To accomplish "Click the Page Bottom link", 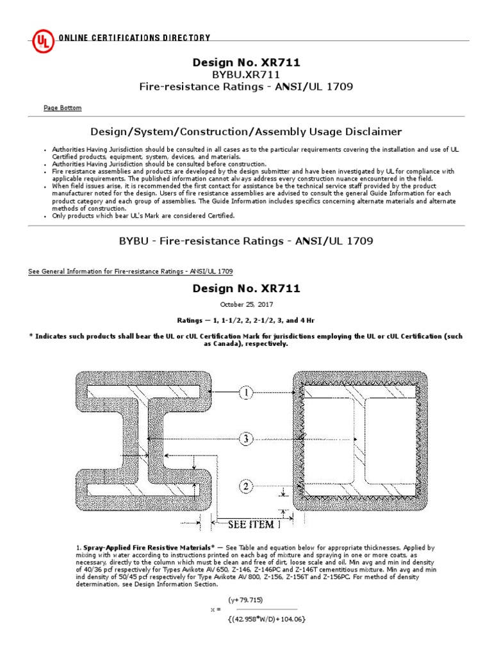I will click(62, 108).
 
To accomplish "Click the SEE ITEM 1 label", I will click(255, 525).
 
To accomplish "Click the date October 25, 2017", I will click(246, 304).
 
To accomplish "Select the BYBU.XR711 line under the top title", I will click(246, 75).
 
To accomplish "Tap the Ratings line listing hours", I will click(246, 320).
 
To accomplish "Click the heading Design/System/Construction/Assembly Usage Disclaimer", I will click(246, 132).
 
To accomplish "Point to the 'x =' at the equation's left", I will click(215, 609).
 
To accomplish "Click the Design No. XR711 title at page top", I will click(246, 63).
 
